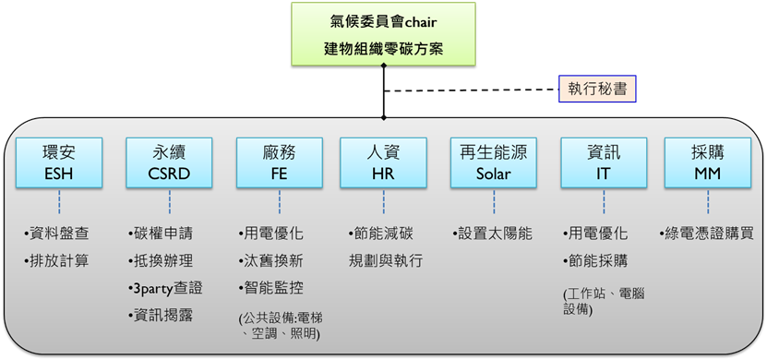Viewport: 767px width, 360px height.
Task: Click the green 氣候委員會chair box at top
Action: tap(384, 34)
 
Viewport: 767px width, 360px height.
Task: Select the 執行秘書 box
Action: tap(597, 89)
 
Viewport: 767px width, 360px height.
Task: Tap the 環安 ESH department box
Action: tap(59, 162)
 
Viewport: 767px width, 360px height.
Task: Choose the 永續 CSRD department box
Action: tap(169, 162)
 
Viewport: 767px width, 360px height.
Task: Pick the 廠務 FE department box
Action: tap(280, 162)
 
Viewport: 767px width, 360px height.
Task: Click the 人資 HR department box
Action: tap(384, 162)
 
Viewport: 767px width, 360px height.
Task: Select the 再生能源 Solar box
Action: tap(494, 162)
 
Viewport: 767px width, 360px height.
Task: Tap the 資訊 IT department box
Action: tap(604, 162)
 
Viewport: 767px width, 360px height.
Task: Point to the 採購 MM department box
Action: tap(708, 162)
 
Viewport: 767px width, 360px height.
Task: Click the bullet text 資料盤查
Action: tap(56, 234)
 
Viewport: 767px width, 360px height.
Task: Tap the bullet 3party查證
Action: tap(165, 289)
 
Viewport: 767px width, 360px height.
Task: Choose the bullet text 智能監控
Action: tap(271, 288)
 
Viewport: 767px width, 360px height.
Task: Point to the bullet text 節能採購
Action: tap(595, 261)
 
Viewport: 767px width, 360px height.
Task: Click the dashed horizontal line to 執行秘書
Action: tap(471, 90)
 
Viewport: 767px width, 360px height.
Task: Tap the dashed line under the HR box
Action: tap(384, 201)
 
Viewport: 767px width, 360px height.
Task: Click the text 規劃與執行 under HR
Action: tap(386, 260)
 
